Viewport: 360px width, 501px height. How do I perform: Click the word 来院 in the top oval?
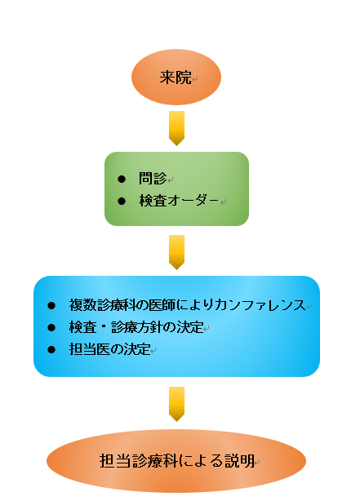tap(176, 78)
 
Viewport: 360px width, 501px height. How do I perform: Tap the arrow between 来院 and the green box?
tap(177, 128)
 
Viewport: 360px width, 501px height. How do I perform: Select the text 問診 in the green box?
tap(153, 179)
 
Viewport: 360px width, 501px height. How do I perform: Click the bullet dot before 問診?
tap(122, 179)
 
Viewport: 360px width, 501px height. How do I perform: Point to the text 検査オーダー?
tap(179, 201)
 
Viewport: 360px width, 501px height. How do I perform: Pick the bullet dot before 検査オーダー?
tap(122, 201)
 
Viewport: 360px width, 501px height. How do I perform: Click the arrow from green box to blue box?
tap(177, 252)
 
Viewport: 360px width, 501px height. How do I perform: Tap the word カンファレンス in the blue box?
tap(260, 305)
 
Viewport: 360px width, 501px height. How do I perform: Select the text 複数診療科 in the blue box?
tap(104, 305)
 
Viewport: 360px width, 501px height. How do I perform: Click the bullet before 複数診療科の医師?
tap(51, 306)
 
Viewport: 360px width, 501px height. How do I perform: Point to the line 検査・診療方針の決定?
tap(136, 327)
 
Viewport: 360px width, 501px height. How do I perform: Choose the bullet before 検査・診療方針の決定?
tap(51, 327)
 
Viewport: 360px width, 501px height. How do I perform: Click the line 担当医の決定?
tap(109, 349)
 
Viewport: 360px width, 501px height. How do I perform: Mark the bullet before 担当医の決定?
tap(51, 349)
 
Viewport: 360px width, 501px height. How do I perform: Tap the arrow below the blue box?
tap(177, 404)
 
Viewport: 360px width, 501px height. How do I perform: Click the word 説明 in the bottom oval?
tap(239, 461)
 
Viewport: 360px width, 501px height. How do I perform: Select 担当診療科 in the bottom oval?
tap(139, 461)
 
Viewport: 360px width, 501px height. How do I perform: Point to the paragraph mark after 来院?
tap(195, 78)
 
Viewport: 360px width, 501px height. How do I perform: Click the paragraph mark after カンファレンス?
tap(309, 307)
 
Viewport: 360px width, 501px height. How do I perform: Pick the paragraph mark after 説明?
tap(257, 462)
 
